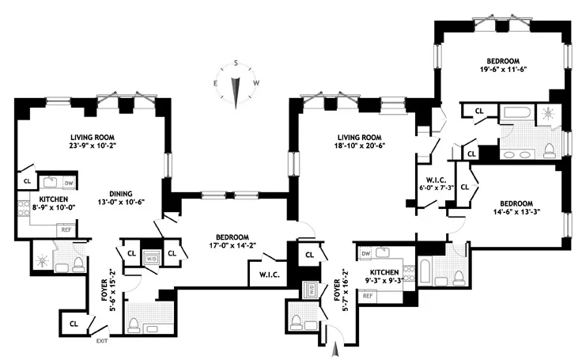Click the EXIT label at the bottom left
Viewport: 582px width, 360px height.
click(100, 340)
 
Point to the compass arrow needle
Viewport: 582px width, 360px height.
click(235, 90)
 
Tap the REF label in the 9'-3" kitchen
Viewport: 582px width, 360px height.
click(368, 295)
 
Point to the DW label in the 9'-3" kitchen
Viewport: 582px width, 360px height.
click(365, 254)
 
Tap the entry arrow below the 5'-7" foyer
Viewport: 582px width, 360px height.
click(335, 346)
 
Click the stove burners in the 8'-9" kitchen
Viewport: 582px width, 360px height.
click(23, 209)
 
